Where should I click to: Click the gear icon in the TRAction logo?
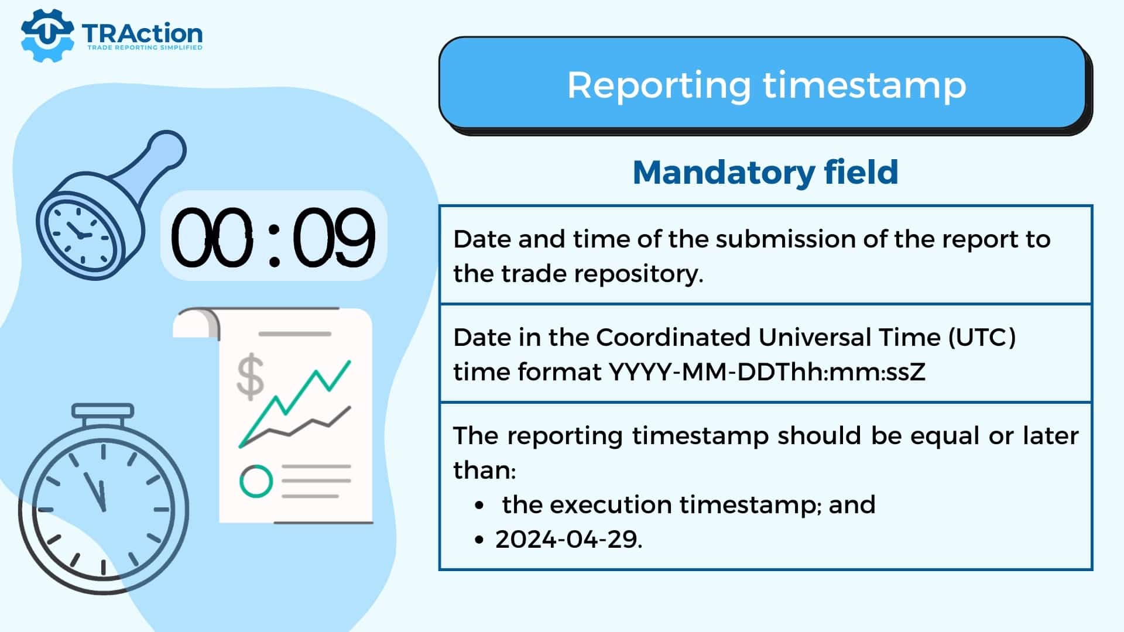point(47,35)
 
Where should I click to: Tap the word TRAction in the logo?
point(142,34)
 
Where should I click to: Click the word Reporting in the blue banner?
point(659,87)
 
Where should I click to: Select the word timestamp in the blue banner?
point(865,87)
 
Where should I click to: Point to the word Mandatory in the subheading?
point(724,173)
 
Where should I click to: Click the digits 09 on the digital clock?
point(334,237)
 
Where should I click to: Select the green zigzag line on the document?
point(294,403)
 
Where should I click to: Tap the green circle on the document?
point(256,482)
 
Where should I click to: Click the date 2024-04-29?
point(568,540)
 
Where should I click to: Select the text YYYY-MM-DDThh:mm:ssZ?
point(767,372)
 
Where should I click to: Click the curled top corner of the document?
point(196,324)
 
